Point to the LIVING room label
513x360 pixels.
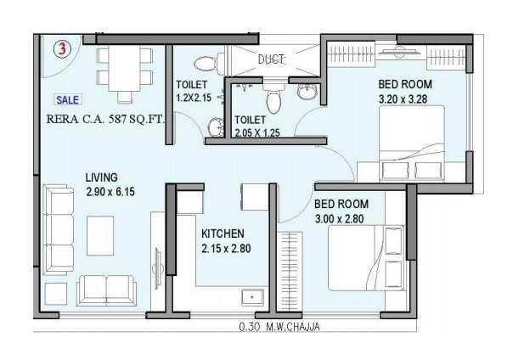(101, 177)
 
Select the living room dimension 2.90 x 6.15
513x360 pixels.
(110, 192)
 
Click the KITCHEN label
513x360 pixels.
(223, 233)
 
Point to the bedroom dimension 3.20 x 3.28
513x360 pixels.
(405, 98)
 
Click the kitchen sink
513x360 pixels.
(251, 297)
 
